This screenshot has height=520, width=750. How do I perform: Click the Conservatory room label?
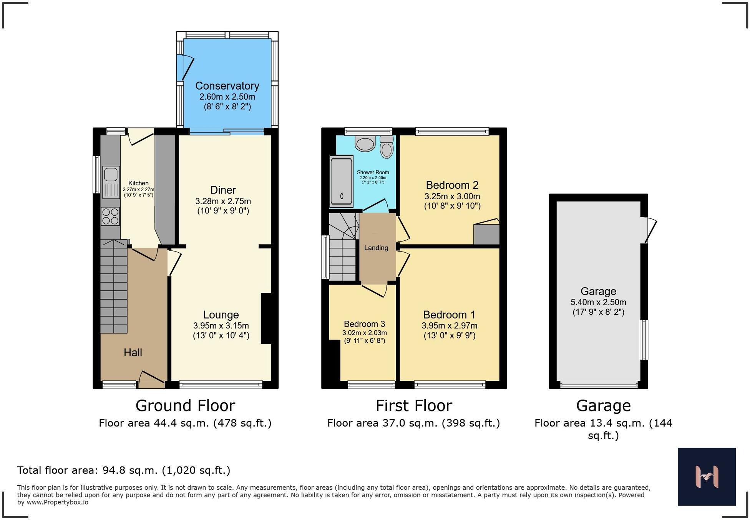click(227, 86)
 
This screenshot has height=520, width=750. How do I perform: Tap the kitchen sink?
click(111, 175)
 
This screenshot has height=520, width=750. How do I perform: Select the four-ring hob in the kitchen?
click(110, 216)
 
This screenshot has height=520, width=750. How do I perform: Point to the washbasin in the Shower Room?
click(365, 144)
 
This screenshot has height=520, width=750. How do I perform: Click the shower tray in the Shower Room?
click(341, 181)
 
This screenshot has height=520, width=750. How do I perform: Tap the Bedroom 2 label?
click(452, 185)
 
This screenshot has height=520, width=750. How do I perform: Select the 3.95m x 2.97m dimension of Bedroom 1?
click(450, 326)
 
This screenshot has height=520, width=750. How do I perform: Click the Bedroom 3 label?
click(364, 324)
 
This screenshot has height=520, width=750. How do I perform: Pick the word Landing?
click(376, 248)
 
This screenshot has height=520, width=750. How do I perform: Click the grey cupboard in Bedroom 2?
click(486, 234)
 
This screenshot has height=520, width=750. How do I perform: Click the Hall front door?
click(152, 379)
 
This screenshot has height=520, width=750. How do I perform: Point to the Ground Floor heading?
click(185, 406)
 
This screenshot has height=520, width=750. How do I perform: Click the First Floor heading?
click(414, 406)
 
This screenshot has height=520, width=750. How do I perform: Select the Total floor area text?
click(124, 470)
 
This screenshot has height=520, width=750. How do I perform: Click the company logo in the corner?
click(707, 477)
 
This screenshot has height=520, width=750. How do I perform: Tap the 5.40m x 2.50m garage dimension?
click(598, 302)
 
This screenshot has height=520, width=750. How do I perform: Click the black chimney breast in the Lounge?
click(266, 318)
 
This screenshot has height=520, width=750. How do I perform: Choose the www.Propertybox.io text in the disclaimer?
click(58, 502)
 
